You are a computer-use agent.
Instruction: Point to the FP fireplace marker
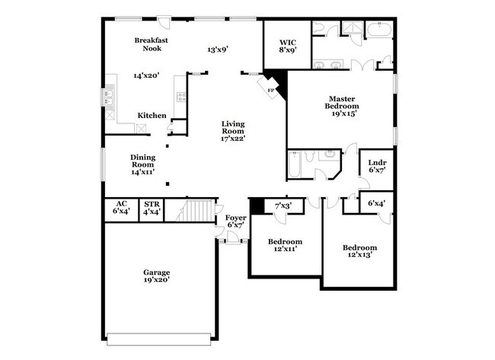[x=270, y=88]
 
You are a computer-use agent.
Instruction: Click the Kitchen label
[x=152, y=116]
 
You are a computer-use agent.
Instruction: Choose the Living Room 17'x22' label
[x=232, y=131]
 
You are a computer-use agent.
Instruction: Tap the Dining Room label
[x=142, y=164]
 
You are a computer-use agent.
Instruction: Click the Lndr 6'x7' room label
[x=376, y=166]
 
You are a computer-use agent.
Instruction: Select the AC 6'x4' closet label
[x=120, y=208]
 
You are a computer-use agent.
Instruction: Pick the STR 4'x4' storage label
[x=152, y=208]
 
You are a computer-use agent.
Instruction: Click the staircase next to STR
[x=196, y=209]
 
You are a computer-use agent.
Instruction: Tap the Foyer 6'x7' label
[x=235, y=222]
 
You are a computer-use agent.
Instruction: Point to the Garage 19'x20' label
[x=157, y=276]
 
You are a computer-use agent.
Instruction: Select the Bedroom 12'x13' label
[x=359, y=252]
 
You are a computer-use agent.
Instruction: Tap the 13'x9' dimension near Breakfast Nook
[x=218, y=50]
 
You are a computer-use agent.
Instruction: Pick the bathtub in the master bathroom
[x=378, y=31]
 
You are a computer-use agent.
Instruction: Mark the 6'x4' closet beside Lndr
[x=376, y=204]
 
